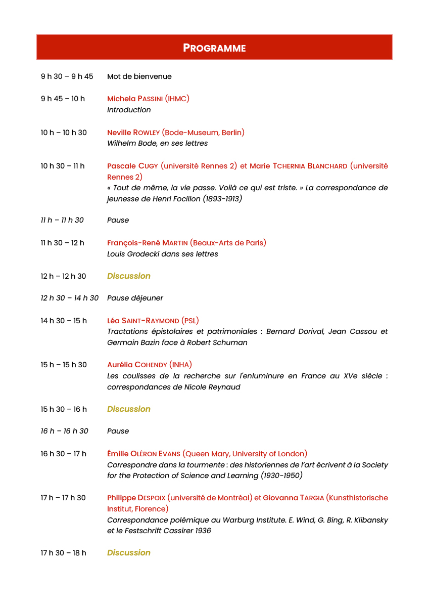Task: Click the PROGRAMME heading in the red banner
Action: point(214,48)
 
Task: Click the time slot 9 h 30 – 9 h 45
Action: point(67,76)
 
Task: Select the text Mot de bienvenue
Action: point(139,76)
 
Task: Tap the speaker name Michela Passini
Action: point(135,99)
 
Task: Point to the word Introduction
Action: point(129,110)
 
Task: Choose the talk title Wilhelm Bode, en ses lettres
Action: point(157,143)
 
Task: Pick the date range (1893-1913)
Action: point(222,199)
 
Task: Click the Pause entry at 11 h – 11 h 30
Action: point(118,220)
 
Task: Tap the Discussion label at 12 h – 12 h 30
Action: point(129,276)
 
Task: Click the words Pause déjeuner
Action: point(135,298)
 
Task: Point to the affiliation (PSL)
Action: point(190,321)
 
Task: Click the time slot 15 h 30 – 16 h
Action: point(64,409)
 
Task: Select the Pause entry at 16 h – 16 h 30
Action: point(118,431)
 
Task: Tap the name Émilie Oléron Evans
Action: point(144,454)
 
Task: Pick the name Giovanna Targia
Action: point(294,498)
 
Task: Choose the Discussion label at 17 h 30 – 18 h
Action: point(129,552)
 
